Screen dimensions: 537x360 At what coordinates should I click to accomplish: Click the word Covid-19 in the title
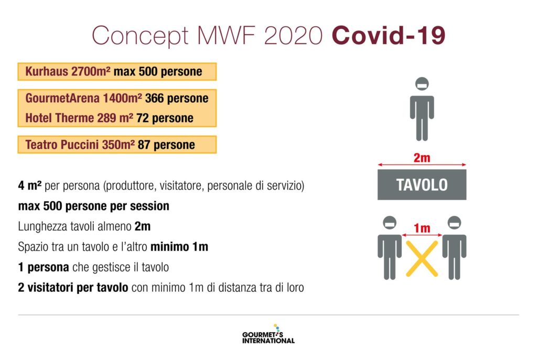389,35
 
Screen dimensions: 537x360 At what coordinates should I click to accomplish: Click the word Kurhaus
47,71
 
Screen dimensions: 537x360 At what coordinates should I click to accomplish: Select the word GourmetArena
62,98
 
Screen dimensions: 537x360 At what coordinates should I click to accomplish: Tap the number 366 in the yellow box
154,98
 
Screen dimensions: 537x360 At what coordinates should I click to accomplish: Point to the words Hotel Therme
59,118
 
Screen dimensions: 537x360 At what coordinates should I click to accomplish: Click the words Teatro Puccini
62,145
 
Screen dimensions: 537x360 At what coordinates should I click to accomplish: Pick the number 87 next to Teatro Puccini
144,145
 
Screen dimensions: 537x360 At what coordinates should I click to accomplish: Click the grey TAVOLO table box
422,185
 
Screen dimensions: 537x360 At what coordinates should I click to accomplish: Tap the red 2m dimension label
422,157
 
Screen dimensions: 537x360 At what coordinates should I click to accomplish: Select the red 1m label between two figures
422,228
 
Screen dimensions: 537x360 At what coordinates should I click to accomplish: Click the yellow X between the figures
422,258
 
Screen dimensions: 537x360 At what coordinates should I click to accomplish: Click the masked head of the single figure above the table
422,84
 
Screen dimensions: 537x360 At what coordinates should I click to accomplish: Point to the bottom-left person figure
390,248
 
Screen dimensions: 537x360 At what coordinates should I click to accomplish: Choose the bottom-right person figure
454,248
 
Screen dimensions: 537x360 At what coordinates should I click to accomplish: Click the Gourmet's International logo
268,334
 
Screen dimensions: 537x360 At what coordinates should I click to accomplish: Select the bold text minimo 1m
179,247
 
